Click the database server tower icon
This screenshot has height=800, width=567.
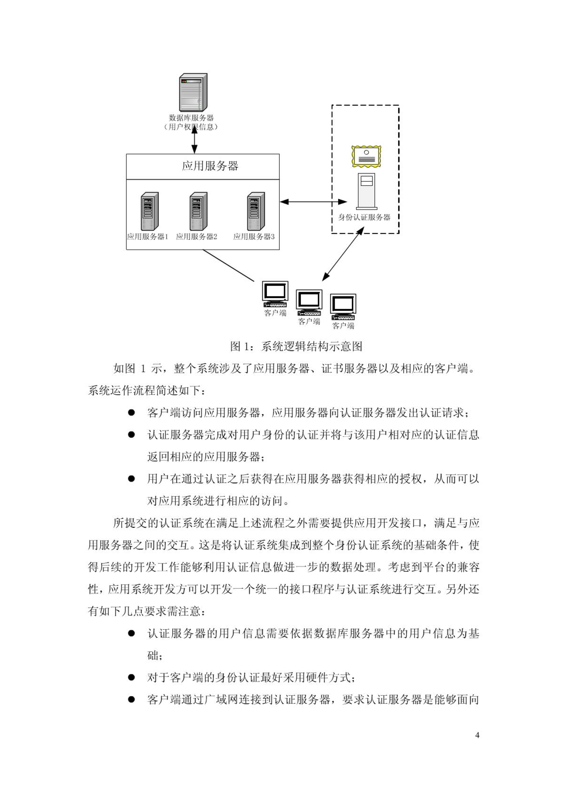click(193, 92)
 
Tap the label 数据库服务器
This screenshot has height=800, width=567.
click(191, 118)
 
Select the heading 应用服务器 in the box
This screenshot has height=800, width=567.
click(210, 166)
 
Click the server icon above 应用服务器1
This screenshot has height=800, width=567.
click(149, 211)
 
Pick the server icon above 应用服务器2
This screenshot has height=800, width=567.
click(198, 211)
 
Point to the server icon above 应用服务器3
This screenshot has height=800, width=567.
click(256, 211)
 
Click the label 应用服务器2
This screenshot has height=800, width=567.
click(196, 237)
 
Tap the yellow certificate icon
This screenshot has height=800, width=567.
click(366, 156)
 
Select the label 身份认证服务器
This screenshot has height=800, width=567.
click(364, 217)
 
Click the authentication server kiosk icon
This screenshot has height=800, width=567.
click(366, 191)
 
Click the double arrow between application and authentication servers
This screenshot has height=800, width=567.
click(313, 202)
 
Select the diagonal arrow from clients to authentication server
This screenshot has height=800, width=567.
click(343, 254)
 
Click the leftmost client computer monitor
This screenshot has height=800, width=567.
click(275, 292)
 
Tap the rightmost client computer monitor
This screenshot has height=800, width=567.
click(343, 304)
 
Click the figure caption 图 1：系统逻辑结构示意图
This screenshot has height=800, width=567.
click(296, 346)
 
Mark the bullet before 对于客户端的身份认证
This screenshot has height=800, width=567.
click(131, 677)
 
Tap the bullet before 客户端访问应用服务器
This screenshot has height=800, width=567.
click(131, 412)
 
